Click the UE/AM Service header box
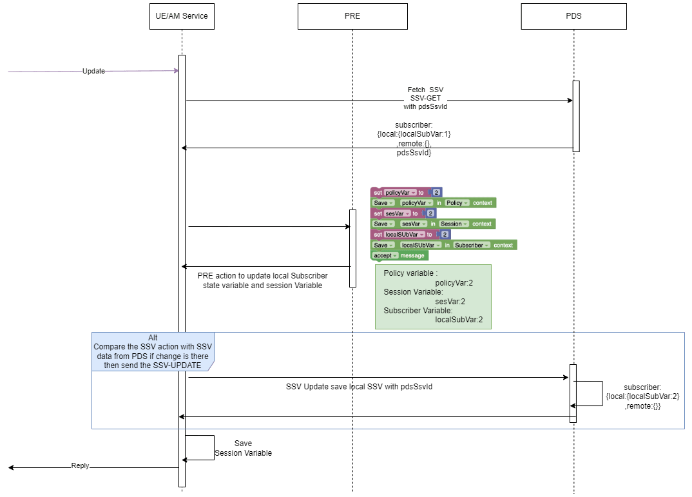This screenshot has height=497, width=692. pos(182,16)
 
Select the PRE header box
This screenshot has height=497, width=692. pos(352,16)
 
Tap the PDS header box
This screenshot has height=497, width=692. pos(573,16)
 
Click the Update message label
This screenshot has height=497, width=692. pos(93,72)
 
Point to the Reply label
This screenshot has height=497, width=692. pos(80,465)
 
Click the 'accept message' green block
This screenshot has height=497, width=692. pos(399,255)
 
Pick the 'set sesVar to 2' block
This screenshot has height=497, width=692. pos(403,213)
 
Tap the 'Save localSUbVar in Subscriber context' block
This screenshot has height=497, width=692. pos(444,245)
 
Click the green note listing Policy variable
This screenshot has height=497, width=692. pos(433,297)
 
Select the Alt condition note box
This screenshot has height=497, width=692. pos(152,351)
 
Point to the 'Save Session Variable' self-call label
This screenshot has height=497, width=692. pos(243,449)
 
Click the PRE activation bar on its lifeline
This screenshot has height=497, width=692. pos(352,248)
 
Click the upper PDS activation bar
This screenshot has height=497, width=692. pos(576,116)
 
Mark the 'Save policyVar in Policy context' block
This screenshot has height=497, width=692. pos(433,203)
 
